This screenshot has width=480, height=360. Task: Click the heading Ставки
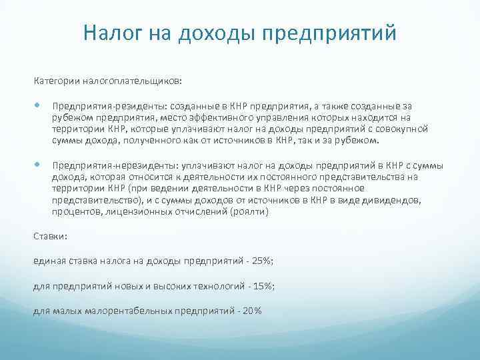(x=49, y=236)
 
